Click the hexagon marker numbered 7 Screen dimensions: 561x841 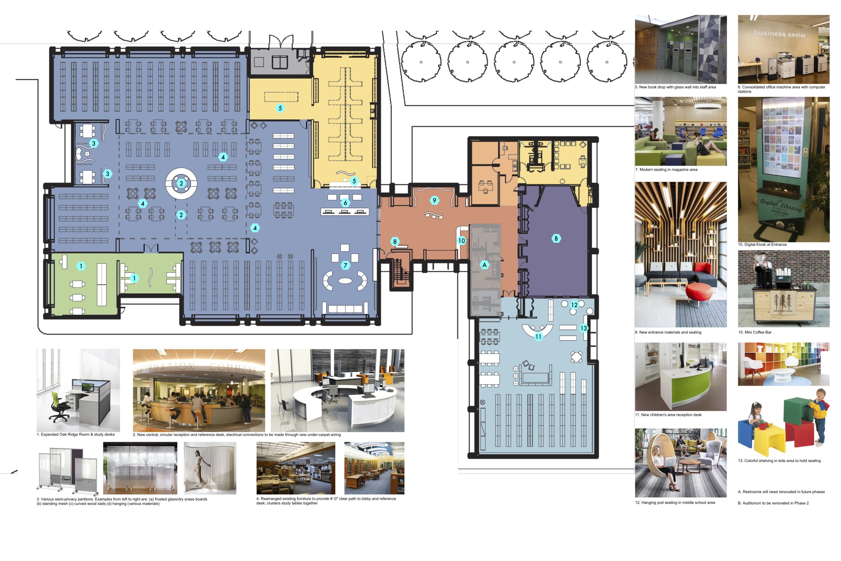coord(345,265)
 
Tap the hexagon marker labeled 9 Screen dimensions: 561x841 coord(434,200)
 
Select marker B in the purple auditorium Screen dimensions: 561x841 coord(556,238)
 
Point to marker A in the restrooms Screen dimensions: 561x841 coord(485,265)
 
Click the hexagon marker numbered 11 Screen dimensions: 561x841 coord(538,336)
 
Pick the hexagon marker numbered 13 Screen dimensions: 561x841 coord(583,328)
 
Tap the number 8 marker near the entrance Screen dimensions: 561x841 coord(395,242)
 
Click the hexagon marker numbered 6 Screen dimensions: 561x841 coord(345,202)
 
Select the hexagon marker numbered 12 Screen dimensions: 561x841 coord(574,305)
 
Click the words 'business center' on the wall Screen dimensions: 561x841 coord(779,34)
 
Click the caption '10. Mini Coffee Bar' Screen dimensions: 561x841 coord(755,332)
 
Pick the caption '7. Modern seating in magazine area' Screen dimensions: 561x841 coord(666,170)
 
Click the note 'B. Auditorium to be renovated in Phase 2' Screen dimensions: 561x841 coord(773,503)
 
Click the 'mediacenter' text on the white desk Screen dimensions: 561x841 coord(366,403)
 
